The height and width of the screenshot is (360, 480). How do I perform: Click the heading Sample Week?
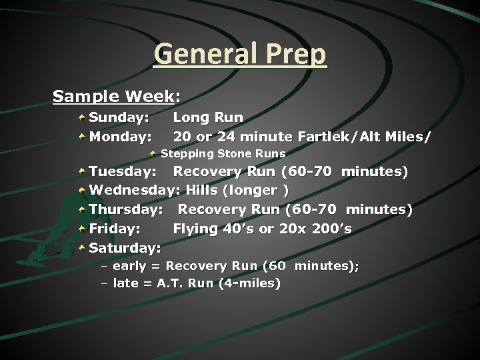pos(113,97)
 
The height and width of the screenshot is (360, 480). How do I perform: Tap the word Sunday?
pos(118,118)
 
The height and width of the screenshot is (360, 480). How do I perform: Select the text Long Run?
pos(208,118)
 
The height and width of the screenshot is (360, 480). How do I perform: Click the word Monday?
pos(119,137)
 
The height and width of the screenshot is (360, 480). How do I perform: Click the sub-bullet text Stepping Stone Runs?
pos(223,154)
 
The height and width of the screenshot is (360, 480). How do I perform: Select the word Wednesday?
pos(133,191)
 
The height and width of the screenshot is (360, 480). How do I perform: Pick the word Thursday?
pos(125,210)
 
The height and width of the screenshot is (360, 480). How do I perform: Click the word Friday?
pos(114,229)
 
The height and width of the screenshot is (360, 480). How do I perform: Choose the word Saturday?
pos(125,249)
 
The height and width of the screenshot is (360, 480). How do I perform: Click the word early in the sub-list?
pos(129,267)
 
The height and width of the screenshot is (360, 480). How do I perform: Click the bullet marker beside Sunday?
pos(81,118)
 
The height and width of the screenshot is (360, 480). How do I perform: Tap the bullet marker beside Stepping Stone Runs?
pos(153,154)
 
